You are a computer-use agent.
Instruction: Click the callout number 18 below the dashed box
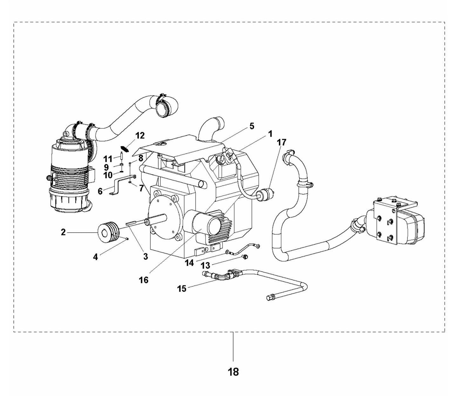(233, 372)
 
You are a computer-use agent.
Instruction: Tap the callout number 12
(140, 136)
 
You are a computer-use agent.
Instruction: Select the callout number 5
(252, 126)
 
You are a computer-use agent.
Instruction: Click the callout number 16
(144, 280)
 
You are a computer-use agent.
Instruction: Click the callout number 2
(64, 232)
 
